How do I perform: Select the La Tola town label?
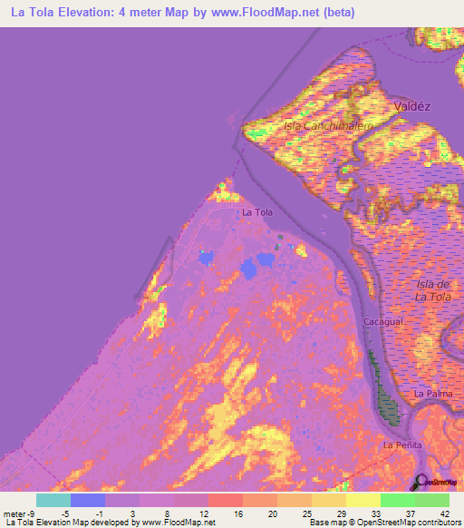coord(257,212)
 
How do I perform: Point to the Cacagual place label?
coord(382,323)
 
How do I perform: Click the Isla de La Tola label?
coord(432,290)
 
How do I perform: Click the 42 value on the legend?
coord(444,514)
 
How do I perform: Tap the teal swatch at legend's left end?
coord(53,500)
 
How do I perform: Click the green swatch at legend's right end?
coord(432,500)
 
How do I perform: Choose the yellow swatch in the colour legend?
coord(362,500)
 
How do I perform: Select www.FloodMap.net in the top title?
coord(267,13)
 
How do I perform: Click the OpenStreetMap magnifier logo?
coord(420,481)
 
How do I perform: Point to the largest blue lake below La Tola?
coord(250,268)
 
